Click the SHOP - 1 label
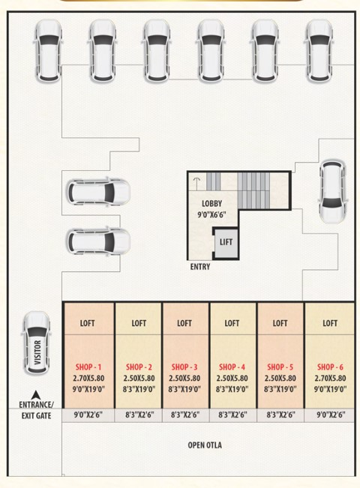[x=88, y=367]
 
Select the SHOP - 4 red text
[x=232, y=367]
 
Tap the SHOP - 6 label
[x=330, y=367]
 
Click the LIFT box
[x=226, y=242]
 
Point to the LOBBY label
[x=211, y=204]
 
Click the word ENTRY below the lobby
[x=200, y=267]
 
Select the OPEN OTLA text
[x=205, y=445]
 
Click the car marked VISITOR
[x=37, y=343]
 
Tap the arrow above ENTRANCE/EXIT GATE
[x=36, y=395]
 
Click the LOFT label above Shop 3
[x=184, y=323]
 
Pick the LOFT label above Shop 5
[x=280, y=323]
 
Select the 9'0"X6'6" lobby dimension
[x=211, y=214]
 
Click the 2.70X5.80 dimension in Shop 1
[x=88, y=378]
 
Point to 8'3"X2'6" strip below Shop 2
[x=139, y=415]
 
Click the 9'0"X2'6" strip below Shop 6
[x=331, y=415]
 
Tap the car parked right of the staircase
[x=332, y=191]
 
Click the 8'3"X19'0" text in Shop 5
[x=280, y=389]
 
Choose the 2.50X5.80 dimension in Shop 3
[x=184, y=378]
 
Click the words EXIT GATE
[x=36, y=416]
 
